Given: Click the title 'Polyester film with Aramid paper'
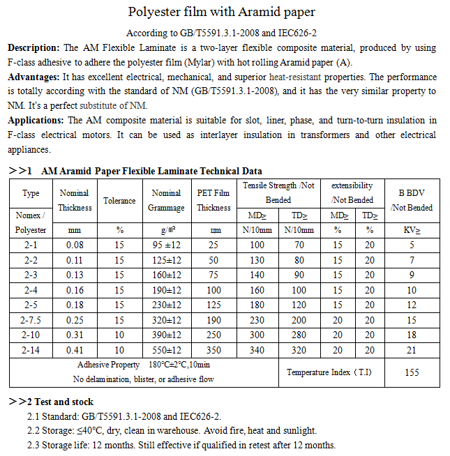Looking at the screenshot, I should click(222, 12).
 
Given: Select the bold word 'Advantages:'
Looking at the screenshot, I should click(34, 77).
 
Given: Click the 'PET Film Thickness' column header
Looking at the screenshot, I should click(213, 200).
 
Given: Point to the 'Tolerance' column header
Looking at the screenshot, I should click(119, 201).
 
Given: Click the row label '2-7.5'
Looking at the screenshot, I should click(31, 320).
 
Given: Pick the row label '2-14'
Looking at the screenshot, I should click(31, 350).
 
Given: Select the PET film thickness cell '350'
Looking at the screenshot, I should click(213, 350).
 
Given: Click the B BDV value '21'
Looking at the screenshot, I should click(412, 350).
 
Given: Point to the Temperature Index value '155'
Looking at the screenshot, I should click(412, 372).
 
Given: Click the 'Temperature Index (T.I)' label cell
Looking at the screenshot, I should click(329, 372).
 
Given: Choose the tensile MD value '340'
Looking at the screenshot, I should click(257, 350).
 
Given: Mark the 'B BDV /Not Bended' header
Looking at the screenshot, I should click(412, 200).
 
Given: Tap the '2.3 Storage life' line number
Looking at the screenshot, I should click(33, 445).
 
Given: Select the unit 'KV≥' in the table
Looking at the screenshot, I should click(412, 229).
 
